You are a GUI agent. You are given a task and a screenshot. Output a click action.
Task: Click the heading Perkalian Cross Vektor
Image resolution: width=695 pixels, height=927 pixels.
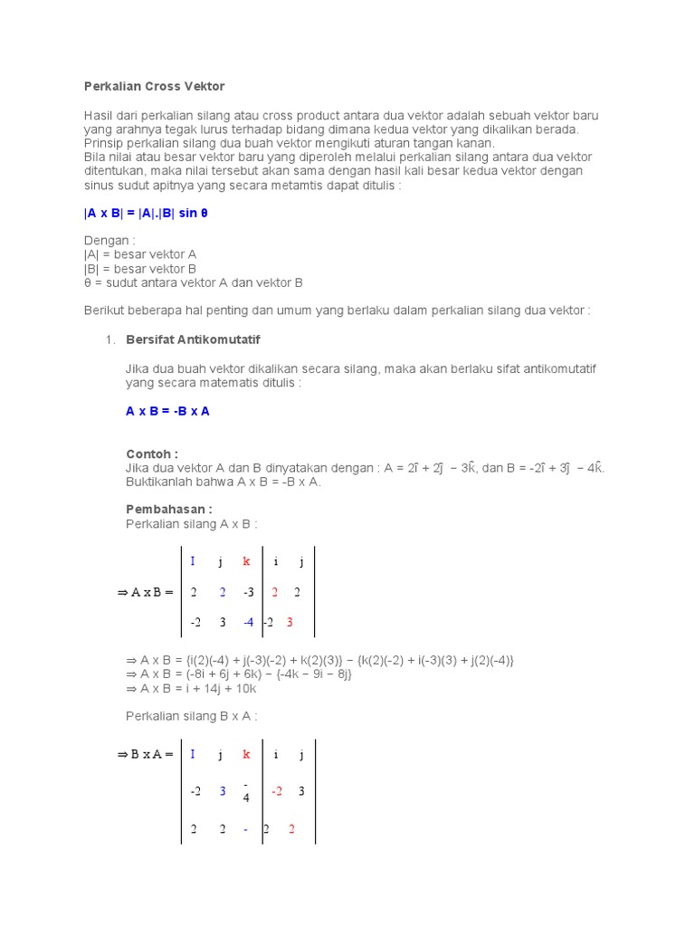[154, 86]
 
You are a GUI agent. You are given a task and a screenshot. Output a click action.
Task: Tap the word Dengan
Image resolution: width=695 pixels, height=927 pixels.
[109, 242]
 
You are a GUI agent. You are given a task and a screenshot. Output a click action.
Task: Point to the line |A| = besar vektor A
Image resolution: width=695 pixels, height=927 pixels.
[139, 255]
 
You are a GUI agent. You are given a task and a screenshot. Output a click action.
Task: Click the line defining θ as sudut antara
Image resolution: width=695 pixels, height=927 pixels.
[193, 282]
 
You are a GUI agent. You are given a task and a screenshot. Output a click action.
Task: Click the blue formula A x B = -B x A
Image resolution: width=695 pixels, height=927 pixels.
[167, 411]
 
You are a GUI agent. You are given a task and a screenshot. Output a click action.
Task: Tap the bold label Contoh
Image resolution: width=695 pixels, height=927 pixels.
[151, 454]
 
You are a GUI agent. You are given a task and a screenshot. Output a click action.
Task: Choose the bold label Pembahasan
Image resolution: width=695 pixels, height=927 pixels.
[168, 509]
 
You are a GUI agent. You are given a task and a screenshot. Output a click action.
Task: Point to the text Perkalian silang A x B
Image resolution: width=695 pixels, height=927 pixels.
[191, 523]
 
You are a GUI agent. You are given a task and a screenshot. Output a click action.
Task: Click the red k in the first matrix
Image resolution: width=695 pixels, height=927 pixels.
[246, 561]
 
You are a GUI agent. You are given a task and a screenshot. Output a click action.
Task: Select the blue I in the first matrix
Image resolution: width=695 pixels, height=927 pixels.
[192, 561]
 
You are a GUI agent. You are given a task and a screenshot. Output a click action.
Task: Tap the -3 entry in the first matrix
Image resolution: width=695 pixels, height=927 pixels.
[247, 592]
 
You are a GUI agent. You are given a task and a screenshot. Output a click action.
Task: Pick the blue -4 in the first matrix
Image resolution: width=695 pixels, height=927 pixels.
[247, 622]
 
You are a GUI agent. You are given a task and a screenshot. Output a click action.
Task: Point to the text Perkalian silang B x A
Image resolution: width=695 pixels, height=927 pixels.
[191, 716]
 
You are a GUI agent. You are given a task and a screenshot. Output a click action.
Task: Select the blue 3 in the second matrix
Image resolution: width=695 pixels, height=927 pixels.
[222, 790]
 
